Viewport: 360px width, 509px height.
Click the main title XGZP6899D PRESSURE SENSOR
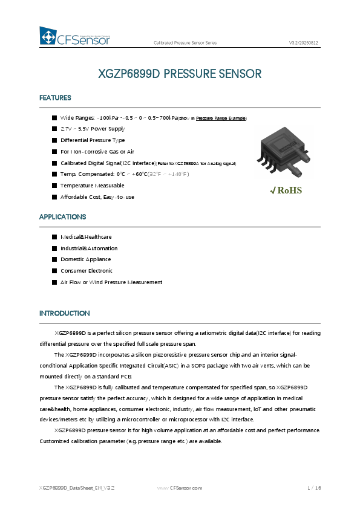pyautogui.click(x=180, y=74)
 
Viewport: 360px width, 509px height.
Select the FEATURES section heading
pyautogui.click(x=55, y=98)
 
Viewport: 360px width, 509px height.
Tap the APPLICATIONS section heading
pyautogui.click(x=62, y=216)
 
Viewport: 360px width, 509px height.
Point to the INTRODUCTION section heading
pyautogui.click(x=64, y=313)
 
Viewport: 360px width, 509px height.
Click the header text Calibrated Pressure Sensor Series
pyautogui.click(x=185, y=44)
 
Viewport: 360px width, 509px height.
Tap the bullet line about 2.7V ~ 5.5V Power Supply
pyautogui.click(x=92, y=129)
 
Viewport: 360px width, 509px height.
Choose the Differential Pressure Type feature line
pyautogui.click(x=93, y=140)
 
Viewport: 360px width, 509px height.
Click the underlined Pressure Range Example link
pyautogui.click(x=221, y=118)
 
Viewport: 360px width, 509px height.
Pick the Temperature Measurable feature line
pyautogui.click(x=92, y=186)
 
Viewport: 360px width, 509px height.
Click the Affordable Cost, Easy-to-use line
pyautogui.click(x=97, y=197)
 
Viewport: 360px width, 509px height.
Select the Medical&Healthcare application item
pyautogui.click(x=85, y=237)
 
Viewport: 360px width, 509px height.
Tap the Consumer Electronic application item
pyautogui.click(x=86, y=271)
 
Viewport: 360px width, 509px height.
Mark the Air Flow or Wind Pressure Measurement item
pyautogui.click(x=111, y=282)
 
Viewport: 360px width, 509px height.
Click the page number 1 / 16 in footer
pyautogui.click(x=313, y=487)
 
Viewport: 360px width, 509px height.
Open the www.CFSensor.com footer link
pyautogui.click(x=180, y=487)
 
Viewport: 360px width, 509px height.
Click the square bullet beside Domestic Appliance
pyautogui.click(x=54, y=259)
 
